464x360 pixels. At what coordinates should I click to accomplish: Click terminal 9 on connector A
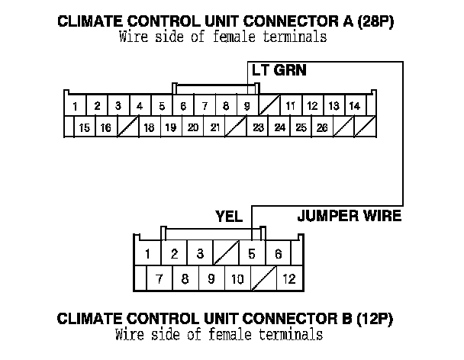(x=247, y=105)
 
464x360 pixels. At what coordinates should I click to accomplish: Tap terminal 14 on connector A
(x=355, y=105)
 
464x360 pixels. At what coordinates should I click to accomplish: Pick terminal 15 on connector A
(x=85, y=127)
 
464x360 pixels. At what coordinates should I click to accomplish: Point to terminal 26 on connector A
(x=323, y=127)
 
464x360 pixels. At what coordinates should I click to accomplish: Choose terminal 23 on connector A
(x=258, y=127)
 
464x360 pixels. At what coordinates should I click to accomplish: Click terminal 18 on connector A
(x=150, y=127)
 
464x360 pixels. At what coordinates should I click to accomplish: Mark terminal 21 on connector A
(x=215, y=127)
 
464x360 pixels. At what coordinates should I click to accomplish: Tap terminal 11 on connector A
(x=291, y=105)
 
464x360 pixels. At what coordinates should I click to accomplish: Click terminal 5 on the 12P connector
(x=252, y=254)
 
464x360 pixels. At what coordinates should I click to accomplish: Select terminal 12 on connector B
(x=289, y=278)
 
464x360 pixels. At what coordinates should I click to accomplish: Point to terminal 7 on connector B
(x=159, y=278)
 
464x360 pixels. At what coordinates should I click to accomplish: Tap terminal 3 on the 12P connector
(x=200, y=254)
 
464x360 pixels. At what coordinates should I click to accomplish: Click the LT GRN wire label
(x=279, y=69)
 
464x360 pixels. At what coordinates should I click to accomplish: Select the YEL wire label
(x=229, y=217)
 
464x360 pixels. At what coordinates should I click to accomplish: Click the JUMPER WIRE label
(x=349, y=217)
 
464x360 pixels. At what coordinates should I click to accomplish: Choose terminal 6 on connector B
(x=279, y=254)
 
